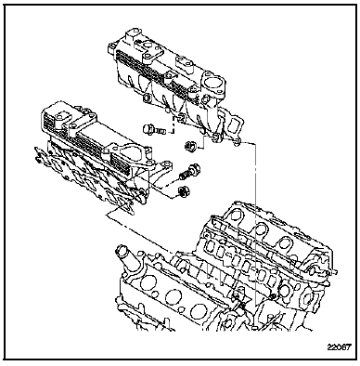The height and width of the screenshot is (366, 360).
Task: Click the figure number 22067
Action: coord(339,347)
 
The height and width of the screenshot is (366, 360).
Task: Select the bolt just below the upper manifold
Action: coord(154,129)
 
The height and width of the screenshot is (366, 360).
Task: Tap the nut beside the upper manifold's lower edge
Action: coord(189,146)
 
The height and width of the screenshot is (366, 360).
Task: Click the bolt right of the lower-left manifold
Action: coord(190,172)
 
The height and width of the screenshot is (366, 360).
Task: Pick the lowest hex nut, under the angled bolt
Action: coord(184,192)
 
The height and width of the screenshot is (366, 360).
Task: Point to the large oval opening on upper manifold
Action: coord(213,85)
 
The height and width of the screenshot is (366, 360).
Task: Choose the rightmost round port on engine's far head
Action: coord(284,243)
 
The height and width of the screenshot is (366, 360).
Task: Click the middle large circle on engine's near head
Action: coord(171,297)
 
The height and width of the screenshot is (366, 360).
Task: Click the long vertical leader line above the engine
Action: coord(256,223)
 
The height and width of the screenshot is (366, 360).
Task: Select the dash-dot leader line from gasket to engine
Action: coord(138,233)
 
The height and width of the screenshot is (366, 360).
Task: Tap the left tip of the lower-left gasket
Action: coord(33,150)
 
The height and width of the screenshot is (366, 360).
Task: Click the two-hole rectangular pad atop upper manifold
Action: coord(185,63)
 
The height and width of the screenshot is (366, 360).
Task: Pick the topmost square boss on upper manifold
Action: coord(133,33)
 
